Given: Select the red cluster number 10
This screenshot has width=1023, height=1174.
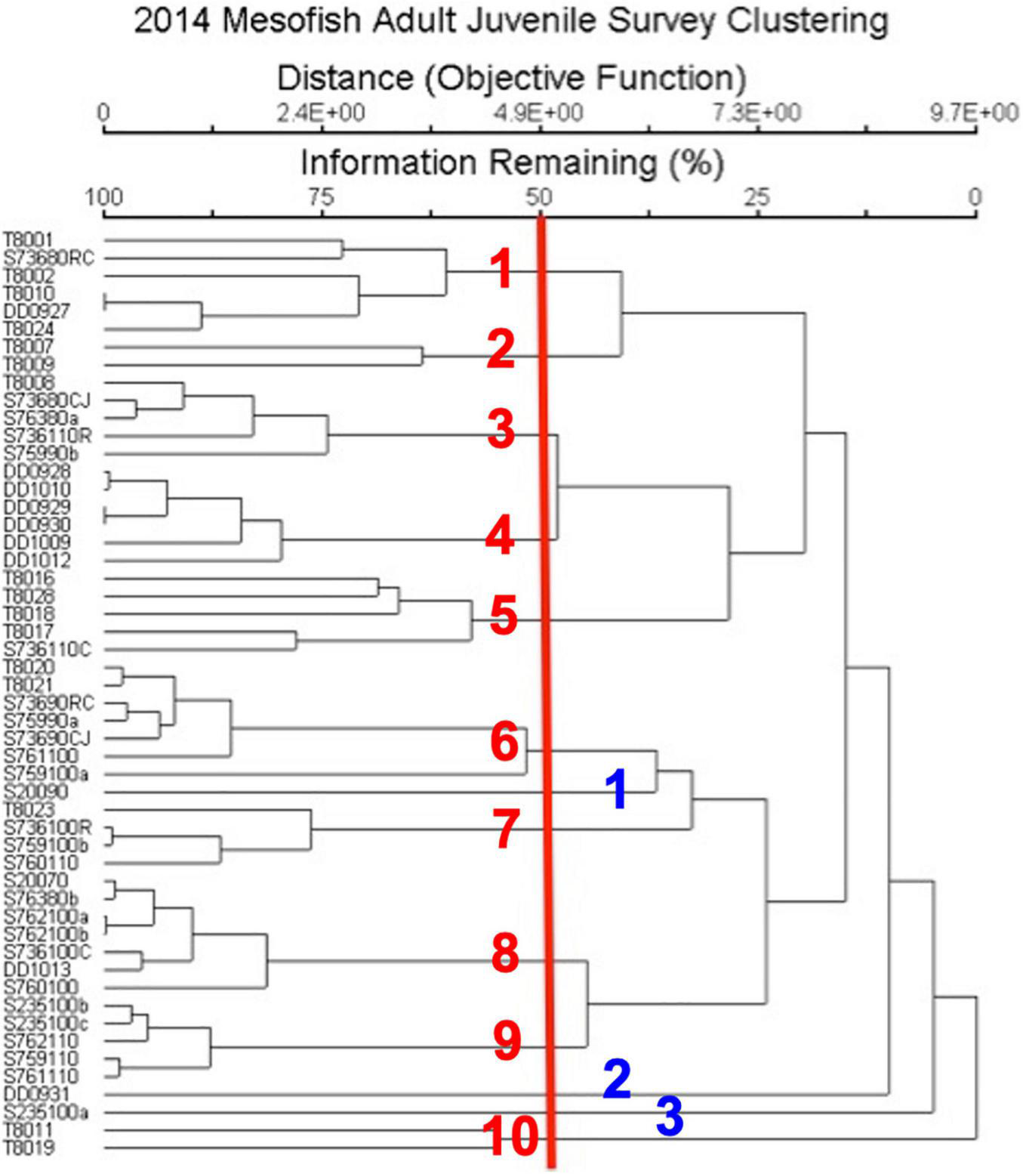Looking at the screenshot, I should click(511, 1135).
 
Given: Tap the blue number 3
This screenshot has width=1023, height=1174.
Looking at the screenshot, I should click(670, 1116).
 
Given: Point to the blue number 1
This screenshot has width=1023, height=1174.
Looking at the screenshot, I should click(618, 789).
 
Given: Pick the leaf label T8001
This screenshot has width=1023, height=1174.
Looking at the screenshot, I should click(29, 240).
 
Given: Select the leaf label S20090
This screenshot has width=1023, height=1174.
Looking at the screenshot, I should click(35, 792).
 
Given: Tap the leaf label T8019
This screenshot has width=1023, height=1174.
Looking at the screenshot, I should click(29, 1148).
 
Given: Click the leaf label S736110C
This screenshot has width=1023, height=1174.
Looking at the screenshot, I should click(47, 649).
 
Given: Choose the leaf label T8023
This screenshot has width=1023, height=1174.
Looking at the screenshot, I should click(29, 810).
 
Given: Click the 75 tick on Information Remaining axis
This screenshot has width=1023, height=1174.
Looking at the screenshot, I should click(321, 198).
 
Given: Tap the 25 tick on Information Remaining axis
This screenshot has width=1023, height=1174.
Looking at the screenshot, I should click(756, 198).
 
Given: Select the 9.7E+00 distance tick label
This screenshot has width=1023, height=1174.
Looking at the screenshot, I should click(974, 113).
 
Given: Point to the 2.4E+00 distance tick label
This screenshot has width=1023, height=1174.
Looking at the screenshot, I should click(321, 113).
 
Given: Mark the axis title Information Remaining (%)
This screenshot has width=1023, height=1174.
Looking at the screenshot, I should click(512, 162).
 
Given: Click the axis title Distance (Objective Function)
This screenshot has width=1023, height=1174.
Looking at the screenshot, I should click(512, 78).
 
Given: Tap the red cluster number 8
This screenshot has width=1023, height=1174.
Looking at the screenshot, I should click(505, 953).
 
